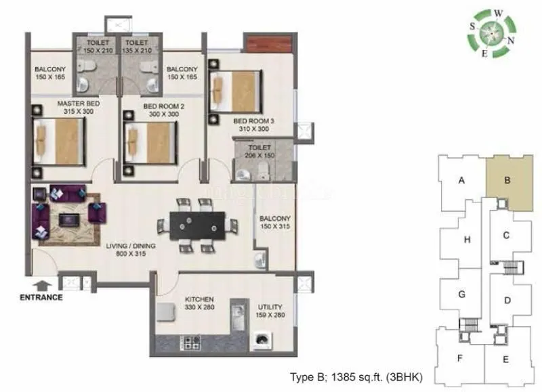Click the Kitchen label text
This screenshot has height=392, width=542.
(199, 303)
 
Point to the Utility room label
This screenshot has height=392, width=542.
(270, 311)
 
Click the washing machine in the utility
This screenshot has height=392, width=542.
(262, 340)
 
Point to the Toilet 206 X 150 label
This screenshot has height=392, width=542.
(259, 151)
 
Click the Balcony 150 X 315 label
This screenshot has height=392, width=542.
(275, 222)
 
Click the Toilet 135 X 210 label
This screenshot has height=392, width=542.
(140, 45)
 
